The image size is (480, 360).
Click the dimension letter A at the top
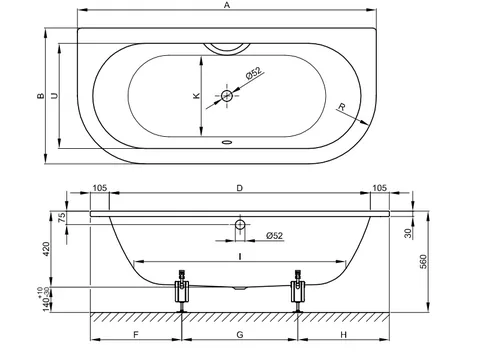click(227, 5)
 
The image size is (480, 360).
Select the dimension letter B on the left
click(41, 96)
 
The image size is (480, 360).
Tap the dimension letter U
click(54, 96)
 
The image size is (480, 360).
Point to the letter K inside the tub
click(196, 96)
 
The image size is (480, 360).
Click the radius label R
click(342, 107)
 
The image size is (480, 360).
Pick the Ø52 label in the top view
click(254, 73)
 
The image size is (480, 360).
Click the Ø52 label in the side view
click(275, 236)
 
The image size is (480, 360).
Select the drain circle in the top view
click(227, 96)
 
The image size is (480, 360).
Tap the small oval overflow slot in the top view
click(227, 142)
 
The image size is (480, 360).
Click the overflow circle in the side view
click(240, 225)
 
